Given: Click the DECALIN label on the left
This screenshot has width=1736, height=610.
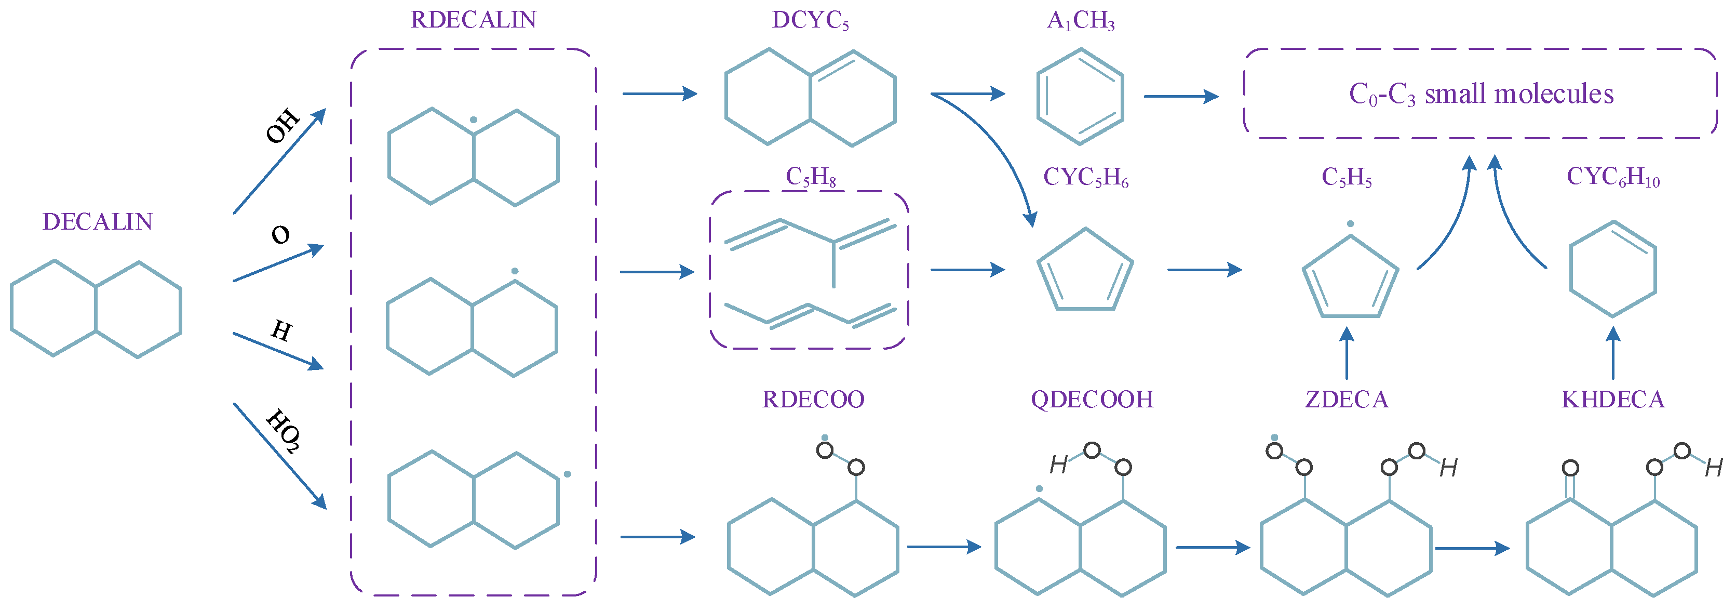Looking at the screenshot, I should point(98,222).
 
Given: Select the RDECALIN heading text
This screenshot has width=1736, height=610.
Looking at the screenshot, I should point(473,20).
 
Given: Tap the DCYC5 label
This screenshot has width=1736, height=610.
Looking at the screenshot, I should point(810,20).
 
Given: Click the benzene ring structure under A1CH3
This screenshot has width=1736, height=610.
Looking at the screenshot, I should point(1080,97).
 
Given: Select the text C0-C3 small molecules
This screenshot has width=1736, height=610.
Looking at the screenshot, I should point(1481,94).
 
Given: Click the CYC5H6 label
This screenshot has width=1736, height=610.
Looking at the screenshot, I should point(1086,177).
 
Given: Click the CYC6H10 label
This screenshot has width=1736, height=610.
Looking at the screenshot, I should point(1613,177).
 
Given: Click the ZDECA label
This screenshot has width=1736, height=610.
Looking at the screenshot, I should point(1347,399).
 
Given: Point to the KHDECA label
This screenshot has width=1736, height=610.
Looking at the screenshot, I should point(1613,399).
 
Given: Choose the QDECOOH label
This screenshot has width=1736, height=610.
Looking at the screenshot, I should point(1092,399).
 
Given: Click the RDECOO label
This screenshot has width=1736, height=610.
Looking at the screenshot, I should point(813,399).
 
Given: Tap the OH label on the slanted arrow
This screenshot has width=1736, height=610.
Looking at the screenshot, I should point(282,125).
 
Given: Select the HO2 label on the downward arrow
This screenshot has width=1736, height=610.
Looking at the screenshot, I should point(284,431).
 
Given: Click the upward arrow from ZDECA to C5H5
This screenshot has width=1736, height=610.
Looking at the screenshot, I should point(1347,354).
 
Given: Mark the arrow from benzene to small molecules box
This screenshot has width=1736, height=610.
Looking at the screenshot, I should point(1181,97).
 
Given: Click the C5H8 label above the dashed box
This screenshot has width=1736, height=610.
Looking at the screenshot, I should point(810,177).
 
